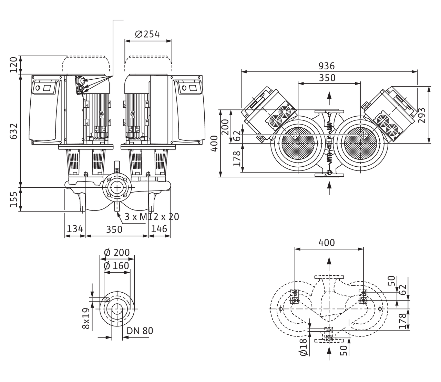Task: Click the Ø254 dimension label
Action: pos(147,34)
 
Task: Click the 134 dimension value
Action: pos(75,228)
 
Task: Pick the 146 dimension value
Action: pos(159,228)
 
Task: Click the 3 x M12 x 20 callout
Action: pos(152,217)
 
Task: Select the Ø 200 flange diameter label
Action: pos(117,253)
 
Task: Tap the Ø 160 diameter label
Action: pos(117,266)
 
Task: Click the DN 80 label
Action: pos(140,331)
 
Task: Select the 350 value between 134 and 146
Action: pos(114,229)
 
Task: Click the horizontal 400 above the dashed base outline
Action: pos(326,243)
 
